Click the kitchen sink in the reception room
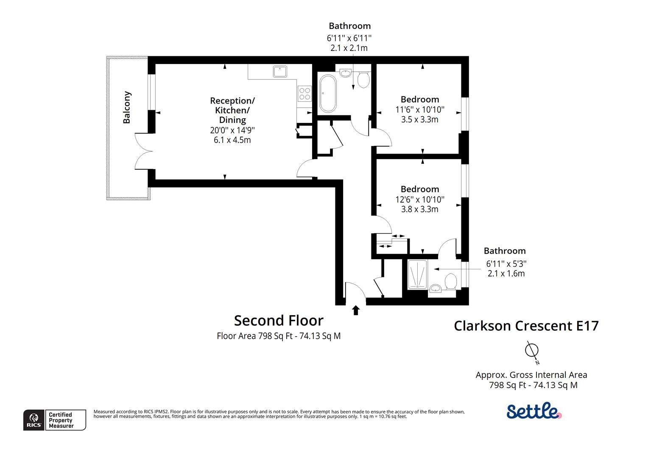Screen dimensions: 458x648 pos(280,71)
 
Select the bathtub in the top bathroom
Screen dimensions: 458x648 pos(328,93)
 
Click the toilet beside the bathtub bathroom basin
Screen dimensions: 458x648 pos(363,80)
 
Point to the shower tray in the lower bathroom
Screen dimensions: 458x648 pos(417,274)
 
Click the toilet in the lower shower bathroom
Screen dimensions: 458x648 pos(450,281)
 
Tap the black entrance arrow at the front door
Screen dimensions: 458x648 pos(356,310)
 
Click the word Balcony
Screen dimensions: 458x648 pos(126,107)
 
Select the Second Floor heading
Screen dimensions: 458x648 pos(279,320)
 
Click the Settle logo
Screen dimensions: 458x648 pos(534,411)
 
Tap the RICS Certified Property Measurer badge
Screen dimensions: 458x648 pos(54,420)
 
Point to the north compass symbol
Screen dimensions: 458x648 pos(531,351)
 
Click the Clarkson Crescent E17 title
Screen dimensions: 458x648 pos(526,326)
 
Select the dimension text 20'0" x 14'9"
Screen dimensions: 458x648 pos(232,130)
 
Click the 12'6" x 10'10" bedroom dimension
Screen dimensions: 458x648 pos(420,199)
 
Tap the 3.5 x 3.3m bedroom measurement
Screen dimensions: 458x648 pos(420,120)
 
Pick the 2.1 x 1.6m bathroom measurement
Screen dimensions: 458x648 pos(506,274)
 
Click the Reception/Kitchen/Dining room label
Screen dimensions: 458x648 pos(232,110)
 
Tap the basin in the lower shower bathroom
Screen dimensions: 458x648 pos(435,289)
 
